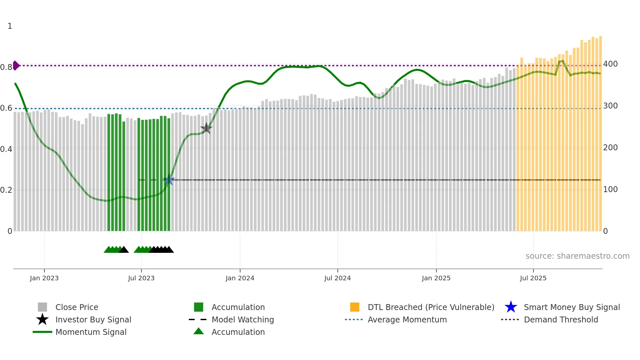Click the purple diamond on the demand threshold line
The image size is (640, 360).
[16, 65]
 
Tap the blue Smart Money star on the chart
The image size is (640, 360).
[169, 180]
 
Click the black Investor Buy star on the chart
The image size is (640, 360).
[206, 128]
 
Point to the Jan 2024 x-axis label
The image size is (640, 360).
[240, 278]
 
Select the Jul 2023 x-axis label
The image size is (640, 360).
[141, 278]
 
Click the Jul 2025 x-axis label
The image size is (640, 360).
[533, 278]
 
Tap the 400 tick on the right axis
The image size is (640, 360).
[610, 64]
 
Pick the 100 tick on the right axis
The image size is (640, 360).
[610, 189]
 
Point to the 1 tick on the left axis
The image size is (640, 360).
[10, 26]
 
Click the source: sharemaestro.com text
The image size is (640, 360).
[577, 256]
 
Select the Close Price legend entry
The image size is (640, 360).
[77, 307]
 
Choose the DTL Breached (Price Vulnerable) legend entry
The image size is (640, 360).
[431, 307]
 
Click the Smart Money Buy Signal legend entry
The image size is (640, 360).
[571, 307]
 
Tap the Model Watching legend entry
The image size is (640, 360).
[243, 320]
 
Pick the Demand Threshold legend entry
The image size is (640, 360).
[561, 320]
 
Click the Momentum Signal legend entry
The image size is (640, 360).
[91, 332]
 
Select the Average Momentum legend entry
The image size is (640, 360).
[407, 320]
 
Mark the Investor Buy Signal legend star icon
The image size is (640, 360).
[42, 319]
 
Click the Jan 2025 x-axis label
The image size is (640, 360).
[436, 278]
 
